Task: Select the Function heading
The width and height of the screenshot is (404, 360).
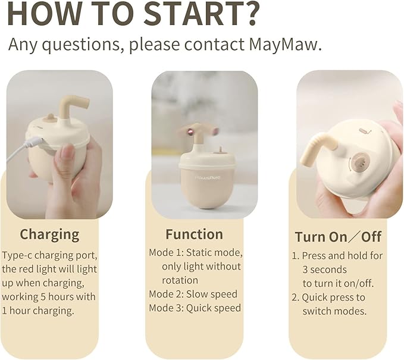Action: coord(194,234)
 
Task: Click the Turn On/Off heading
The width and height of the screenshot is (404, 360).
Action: coord(337,236)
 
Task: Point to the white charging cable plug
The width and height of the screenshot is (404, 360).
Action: coord(34,143)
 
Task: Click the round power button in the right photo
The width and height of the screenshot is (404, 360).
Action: coord(359,161)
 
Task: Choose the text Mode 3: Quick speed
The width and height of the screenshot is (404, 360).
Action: coord(195,308)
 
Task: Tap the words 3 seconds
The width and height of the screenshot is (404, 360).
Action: coord(324,270)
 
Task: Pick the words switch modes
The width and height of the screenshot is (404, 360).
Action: coord(334,311)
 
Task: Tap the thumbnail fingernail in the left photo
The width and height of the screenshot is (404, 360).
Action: coord(65,151)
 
